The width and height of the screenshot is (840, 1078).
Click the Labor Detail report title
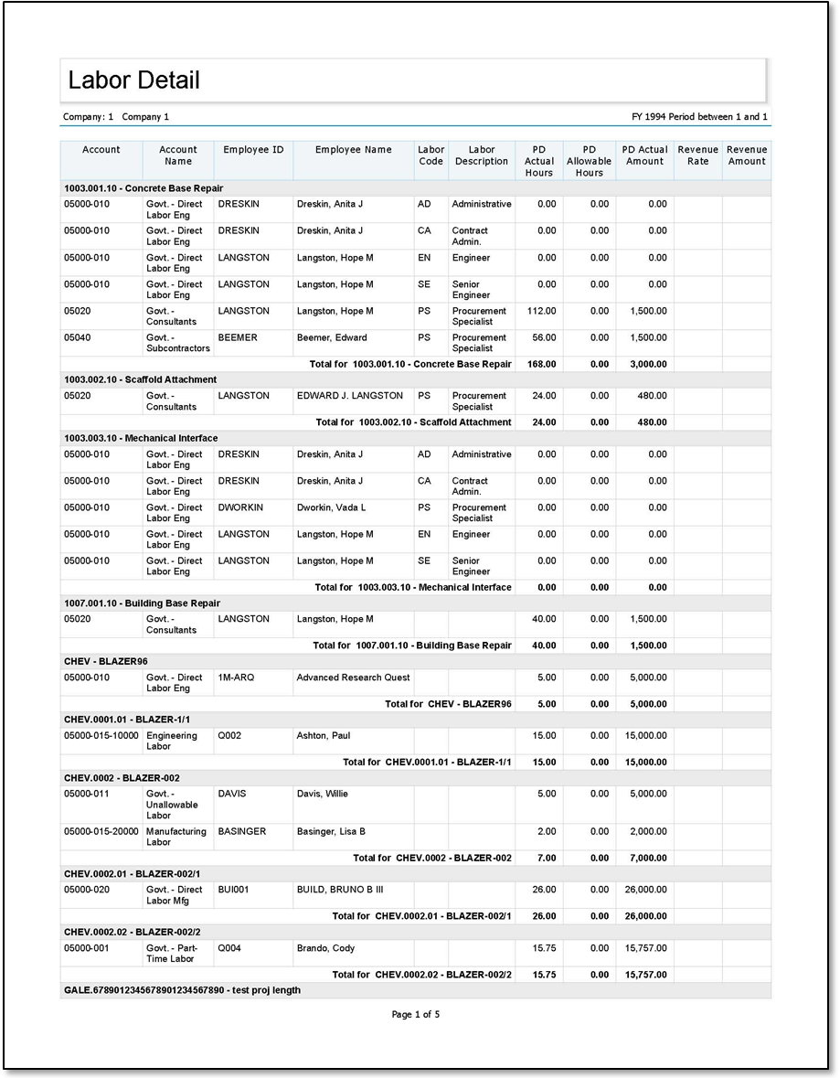click(133, 80)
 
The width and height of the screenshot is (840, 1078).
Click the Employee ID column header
click(253, 150)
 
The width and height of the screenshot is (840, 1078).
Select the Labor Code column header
click(431, 155)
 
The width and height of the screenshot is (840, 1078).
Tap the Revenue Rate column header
click(697, 155)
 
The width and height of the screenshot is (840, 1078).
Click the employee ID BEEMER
click(238, 338)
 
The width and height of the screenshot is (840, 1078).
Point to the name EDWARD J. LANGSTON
click(349, 396)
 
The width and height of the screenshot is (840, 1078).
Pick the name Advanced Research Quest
click(353, 678)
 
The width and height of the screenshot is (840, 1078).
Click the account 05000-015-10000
click(101, 736)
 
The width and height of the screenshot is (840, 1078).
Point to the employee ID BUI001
click(233, 890)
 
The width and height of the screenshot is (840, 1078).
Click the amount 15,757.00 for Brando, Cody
click(646, 948)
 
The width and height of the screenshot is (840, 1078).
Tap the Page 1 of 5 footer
click(416, 1014)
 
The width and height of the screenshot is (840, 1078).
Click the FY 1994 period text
click(699, 117)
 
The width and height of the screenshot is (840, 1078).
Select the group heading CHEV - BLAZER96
click(106, 661)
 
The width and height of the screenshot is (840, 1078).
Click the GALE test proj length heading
click(182, 990)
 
